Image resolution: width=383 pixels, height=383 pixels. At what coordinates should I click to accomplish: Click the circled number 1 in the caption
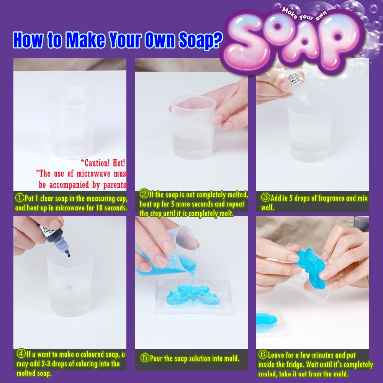[x=20, y=198]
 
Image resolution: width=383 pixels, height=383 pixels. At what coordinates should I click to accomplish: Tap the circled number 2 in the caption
[x=144, y=194]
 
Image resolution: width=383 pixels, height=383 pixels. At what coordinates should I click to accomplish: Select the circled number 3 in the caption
[x=265, y=197]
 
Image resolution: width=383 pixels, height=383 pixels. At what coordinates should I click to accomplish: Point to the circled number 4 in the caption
[x=21, y=353]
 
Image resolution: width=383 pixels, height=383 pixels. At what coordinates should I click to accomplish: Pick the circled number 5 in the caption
[x=145, y=358]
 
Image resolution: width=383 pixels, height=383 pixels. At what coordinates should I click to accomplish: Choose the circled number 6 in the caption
[x=263, y=354]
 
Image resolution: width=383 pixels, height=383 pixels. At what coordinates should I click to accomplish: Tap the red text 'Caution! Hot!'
[x=103, y=163]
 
